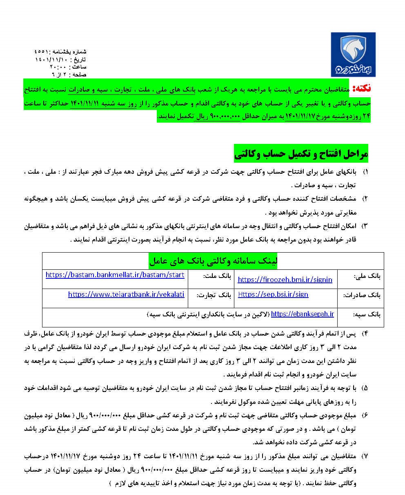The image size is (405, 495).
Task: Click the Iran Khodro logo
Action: click(353, 54)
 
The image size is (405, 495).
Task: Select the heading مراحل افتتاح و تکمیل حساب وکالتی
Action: click(301, 153)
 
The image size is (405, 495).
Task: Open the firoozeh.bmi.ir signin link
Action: click(285, 280)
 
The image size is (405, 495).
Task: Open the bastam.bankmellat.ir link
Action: click(115, 275)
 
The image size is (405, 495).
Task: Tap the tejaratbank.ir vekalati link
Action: click(126, 294)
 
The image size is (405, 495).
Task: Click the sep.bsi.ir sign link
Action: click(273, 294)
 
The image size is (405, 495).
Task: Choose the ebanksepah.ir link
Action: click(302, 314)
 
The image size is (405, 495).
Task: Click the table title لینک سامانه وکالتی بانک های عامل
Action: click(213, 260)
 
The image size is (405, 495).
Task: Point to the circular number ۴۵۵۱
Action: click(42, 52)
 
